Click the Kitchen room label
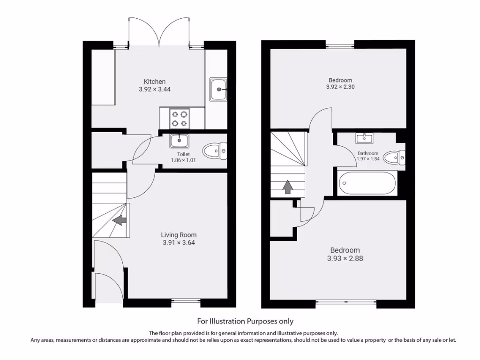coord(154,82)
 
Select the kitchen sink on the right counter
coord(218,89)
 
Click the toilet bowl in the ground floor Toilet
coord(215,151)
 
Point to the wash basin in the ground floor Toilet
coord(179,140)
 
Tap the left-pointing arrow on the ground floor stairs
coord(120,220)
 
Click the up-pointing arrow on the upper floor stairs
coord(287,187)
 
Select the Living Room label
coord(179,235)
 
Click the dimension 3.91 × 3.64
coord(179,243)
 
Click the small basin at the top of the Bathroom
coord(364,138)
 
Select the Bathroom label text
coord(368,153)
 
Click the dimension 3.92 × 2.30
coord(340,87)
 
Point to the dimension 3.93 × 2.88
coord(345,258)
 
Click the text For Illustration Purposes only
coord(245,321)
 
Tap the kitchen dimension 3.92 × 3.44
coord(154,89)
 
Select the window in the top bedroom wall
coord(340,45)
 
